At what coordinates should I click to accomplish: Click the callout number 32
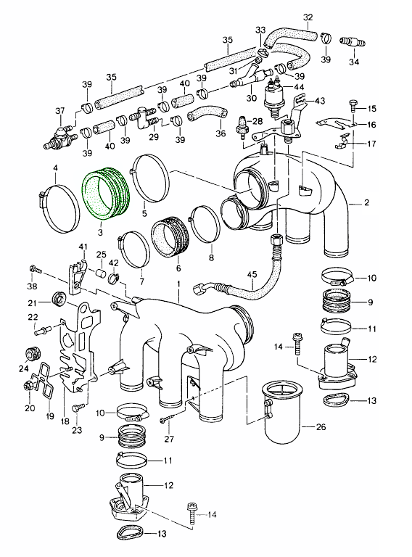pyautogui.click(x=308, y=17)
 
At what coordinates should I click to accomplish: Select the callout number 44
pyautogui.click(x=299, y=87)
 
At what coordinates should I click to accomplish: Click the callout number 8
pyautogui.click(x=211, y=257)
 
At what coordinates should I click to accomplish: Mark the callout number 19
pyautogui.click(x=50, y=416)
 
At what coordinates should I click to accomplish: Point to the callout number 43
pyautogui.click(x=319, y=100)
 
